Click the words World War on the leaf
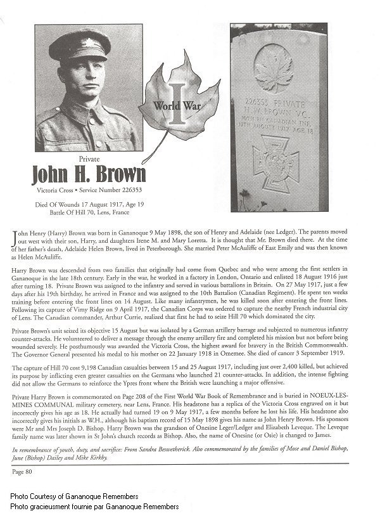pyautogui.click(x=178, y=106)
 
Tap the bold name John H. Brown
pyautogui.click(x=89, y=173)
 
